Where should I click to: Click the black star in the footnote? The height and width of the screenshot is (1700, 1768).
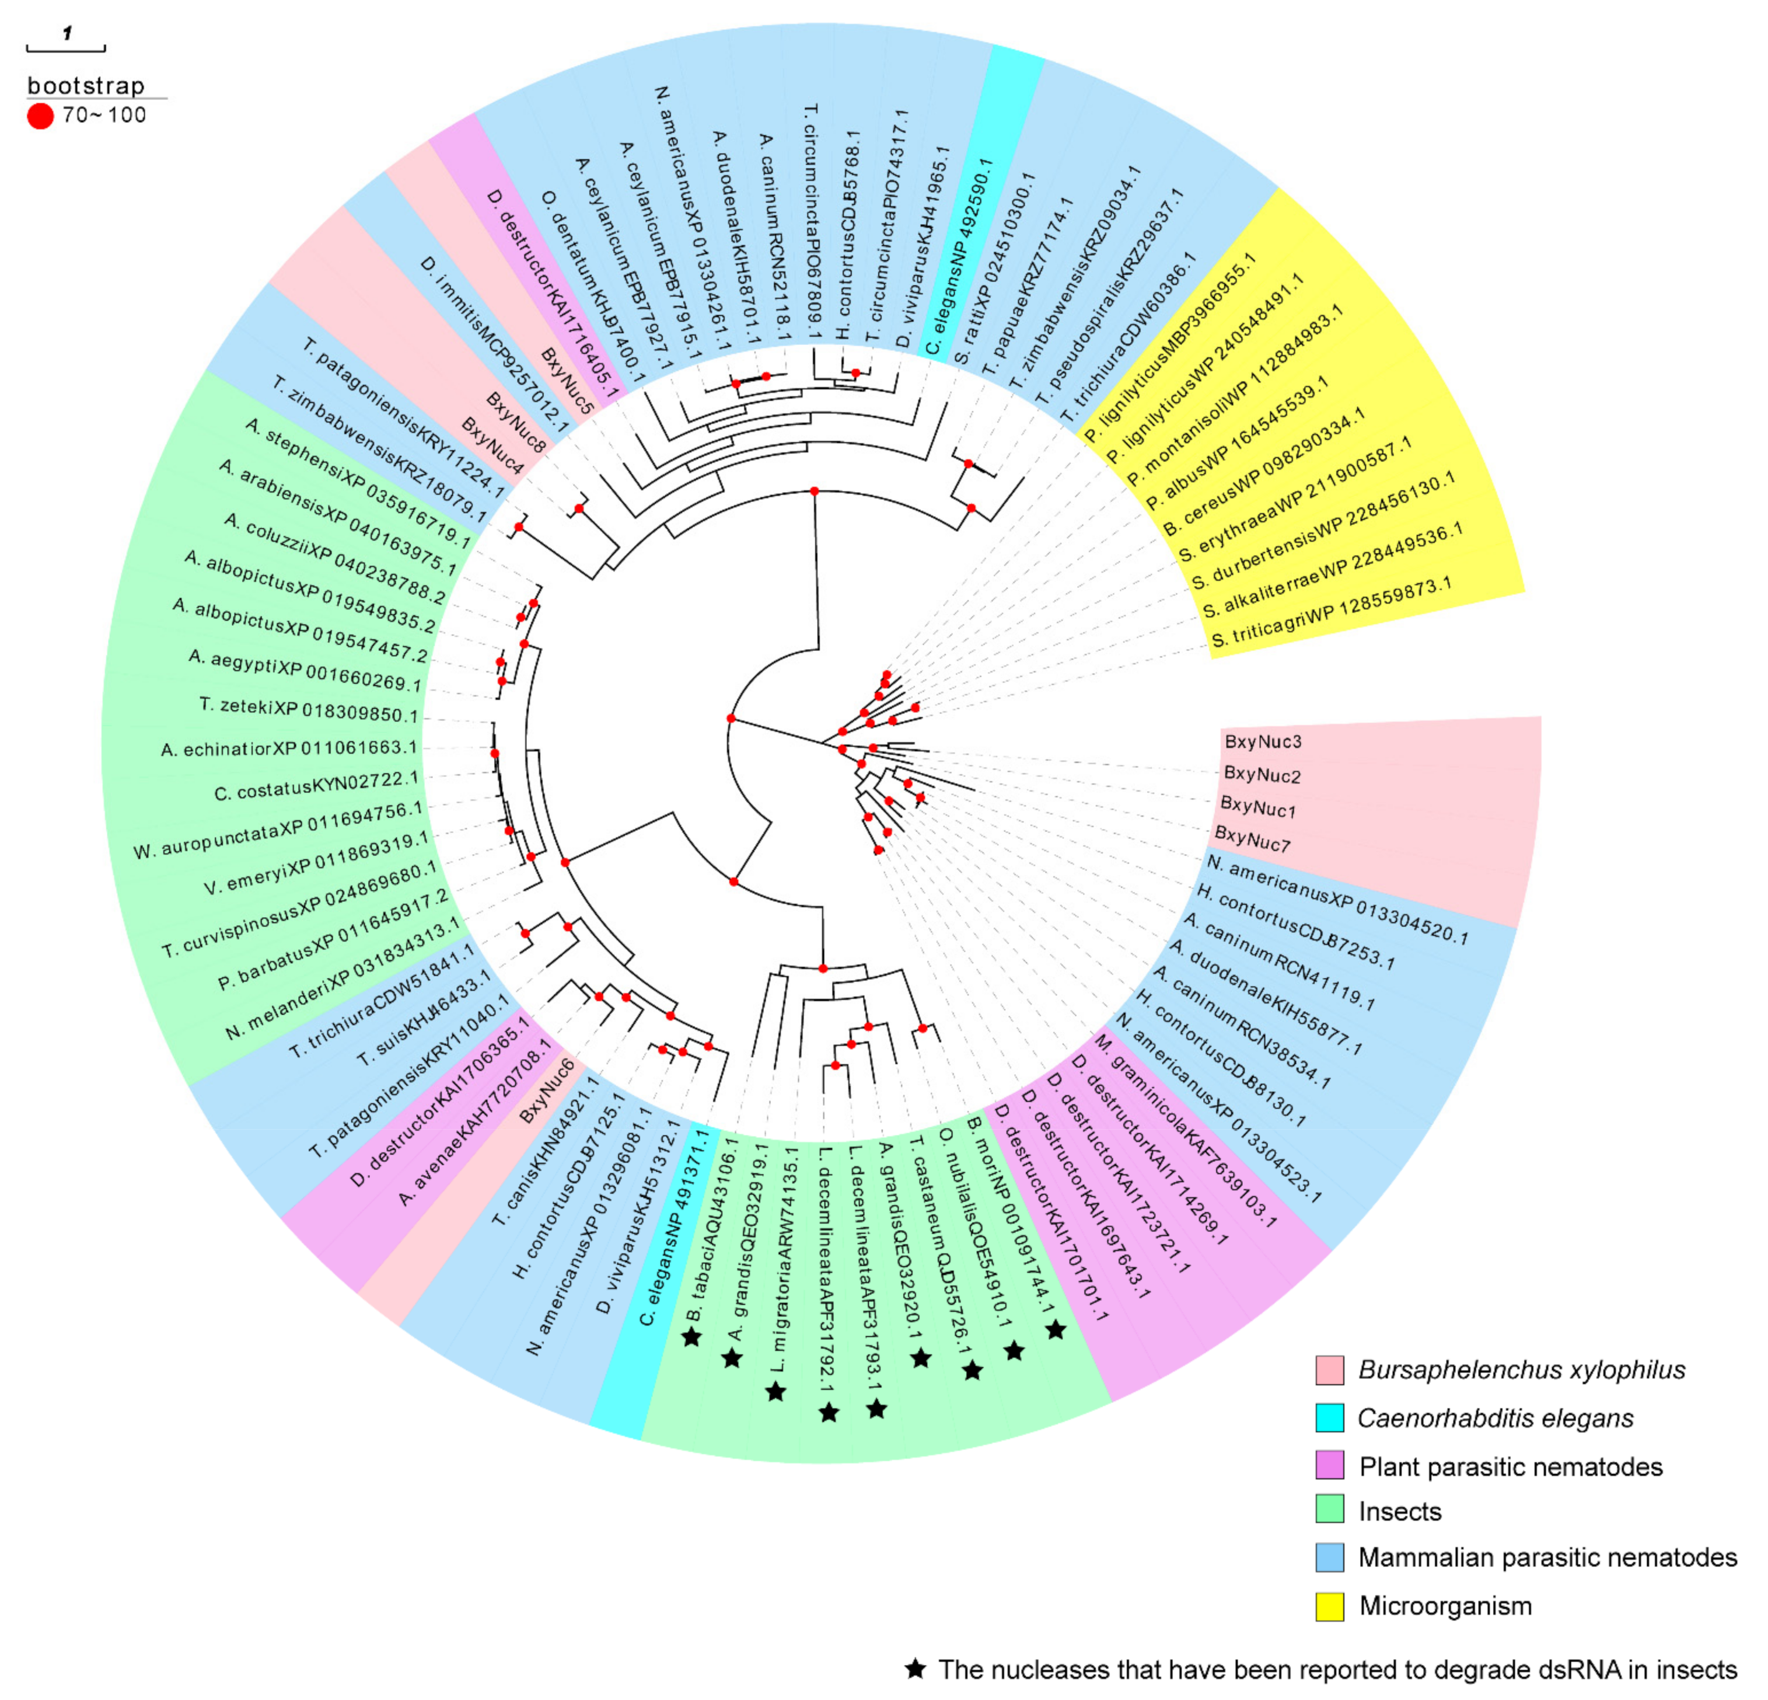[916, 1669]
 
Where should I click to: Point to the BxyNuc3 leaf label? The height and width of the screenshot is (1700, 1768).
[1263, 742]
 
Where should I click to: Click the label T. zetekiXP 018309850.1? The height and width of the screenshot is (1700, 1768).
[309, 711]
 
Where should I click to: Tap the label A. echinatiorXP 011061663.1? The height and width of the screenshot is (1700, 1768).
[289, 748]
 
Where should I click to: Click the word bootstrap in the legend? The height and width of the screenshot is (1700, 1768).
[86, 86]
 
